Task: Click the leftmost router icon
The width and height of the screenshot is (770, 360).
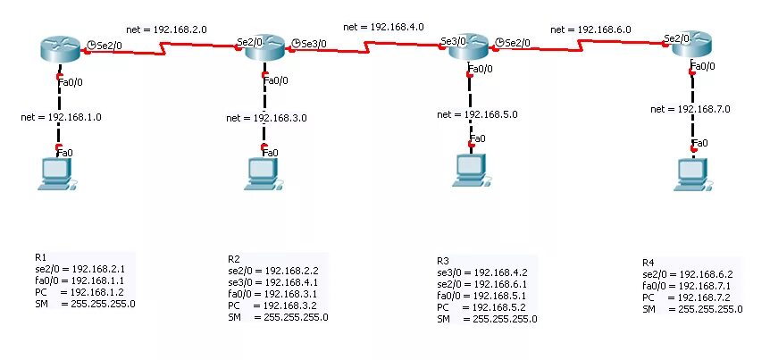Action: tap(60, 50)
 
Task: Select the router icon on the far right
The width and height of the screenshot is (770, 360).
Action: tap(692, 46)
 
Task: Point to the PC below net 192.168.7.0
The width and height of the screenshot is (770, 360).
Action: tap(692, 173)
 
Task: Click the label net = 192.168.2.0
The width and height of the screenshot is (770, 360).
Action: tap(167, 29)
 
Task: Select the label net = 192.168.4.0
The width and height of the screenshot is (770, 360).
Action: tap(383, 27)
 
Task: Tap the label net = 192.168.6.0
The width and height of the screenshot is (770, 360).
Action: tap(590, 29)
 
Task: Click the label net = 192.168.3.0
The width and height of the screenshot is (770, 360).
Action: tap(266, 117)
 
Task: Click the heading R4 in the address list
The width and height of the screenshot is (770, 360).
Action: tap(649, 263)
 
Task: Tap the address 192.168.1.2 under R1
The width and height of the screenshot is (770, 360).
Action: tap(98, 292)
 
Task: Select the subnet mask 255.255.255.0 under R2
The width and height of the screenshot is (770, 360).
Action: tap(296, 317)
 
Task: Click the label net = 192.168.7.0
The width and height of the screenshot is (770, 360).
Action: tap(690, 108)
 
